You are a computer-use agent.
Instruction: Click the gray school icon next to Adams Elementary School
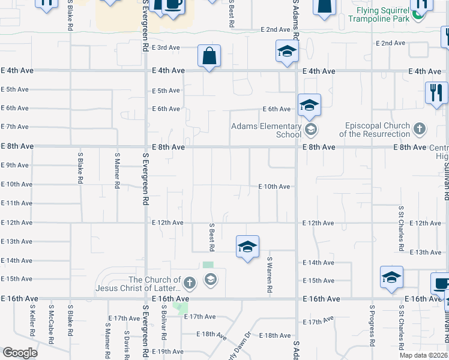coord(311,129)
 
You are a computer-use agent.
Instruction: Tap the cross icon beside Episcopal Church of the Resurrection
coord(420,128)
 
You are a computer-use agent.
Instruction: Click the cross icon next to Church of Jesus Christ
coord(189,282)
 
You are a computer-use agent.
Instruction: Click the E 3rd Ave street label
coord(166,47)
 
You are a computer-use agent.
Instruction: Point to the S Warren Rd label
coord(270,275)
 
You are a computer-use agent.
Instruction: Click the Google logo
coord(20,353)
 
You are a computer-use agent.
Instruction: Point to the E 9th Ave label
coord(14,165)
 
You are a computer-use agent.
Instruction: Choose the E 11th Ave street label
coord(16,203)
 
